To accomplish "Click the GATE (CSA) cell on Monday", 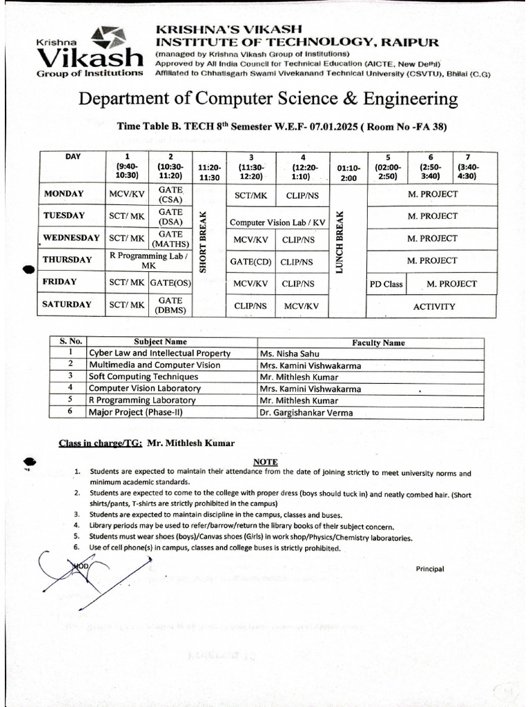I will pyautogui.click(x=170, y=193).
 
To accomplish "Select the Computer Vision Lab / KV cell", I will pyautogui.click(x=277, y=222).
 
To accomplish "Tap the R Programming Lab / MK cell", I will pyautogui.click(x=148, y=260).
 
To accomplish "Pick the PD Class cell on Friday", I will pyautogui.click(x=386, y=284).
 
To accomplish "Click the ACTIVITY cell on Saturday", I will pyautogui.click(x=433, y=306).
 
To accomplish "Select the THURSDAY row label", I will pyautogui.click(x=67, y=260).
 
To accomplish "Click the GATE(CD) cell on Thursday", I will pyautogui.click(x=251, y=262).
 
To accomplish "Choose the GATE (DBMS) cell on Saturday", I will pyautogui.click(x=170, y=305).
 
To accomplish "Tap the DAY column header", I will pyautogui.click(x=72, y=157).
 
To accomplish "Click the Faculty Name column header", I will pyautogui.click(x=378, y=342).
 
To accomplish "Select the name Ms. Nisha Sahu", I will pyautogui.click(x=289, y=353).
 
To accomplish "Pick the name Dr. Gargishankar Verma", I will pyautogui.click(x=306, y=413).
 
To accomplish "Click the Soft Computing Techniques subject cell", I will pyautogui.click(x=144, y=377).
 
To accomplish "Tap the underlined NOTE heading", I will pyautogui.click(x=265, y=462).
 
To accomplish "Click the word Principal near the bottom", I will pyautogui.click(x=429, y=569).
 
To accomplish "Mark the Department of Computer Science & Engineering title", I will pyautogui.click(x=268, y=99).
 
